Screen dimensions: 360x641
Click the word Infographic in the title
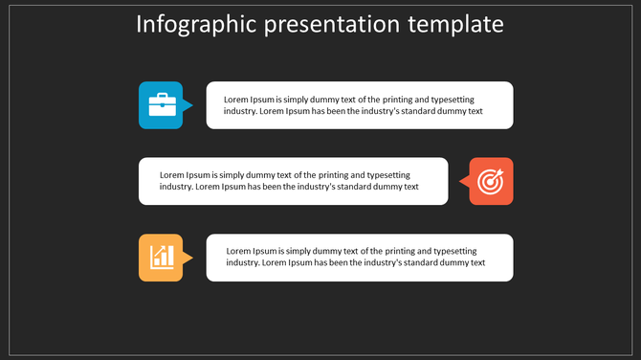[190, 24]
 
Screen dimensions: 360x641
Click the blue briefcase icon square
[161, 104]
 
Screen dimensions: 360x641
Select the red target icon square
[491, 181]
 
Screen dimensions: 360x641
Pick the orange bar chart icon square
[161, 258]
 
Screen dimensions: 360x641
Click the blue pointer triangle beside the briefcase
[188, 105]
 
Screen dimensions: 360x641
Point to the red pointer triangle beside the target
[463, 181]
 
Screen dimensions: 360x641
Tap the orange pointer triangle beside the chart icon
[188, 258]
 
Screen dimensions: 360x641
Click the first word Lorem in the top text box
[236, 100]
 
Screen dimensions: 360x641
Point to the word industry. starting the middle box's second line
[176, 187]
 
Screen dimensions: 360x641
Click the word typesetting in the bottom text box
[450, 251]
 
